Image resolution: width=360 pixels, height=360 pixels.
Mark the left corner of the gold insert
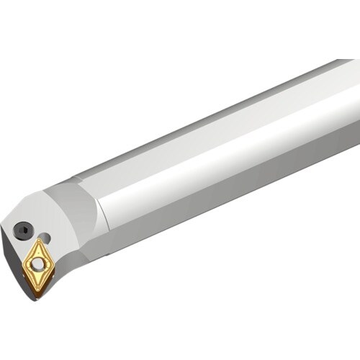coord(23,267)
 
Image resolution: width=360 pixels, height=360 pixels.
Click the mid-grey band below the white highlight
coord(238,180)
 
